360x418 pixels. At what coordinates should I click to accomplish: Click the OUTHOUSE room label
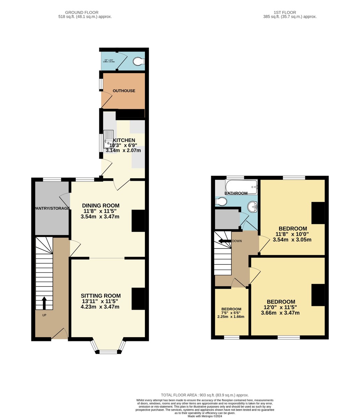click(x=124, y=91)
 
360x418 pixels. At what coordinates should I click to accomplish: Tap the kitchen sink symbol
click(x=108, y=138)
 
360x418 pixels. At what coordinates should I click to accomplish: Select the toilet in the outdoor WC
click(x=139, y=62)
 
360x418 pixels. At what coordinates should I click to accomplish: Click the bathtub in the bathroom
click(x=241, y=186)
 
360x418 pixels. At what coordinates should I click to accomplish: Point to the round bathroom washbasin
click(x=253, y=207)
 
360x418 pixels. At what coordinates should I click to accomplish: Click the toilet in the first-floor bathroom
click(x=221, y=202)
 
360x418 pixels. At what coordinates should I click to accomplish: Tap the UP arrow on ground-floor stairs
click(x=44, y=303)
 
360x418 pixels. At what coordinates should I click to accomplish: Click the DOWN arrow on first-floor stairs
click(x=224, y=241)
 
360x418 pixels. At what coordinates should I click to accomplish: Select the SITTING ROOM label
click(x=101, y=296)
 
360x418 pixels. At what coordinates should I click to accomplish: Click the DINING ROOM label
click(x=101, y=206)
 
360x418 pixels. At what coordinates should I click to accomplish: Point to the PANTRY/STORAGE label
click(x=52, y=208)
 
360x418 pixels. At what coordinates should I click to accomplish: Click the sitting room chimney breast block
click(x=138, y=299)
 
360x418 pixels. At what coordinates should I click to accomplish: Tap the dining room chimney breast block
click(x=138, y=221)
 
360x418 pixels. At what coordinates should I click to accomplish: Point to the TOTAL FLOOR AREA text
click(x=205, y=395)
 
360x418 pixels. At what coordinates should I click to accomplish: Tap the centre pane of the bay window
click(x=108, y=352)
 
